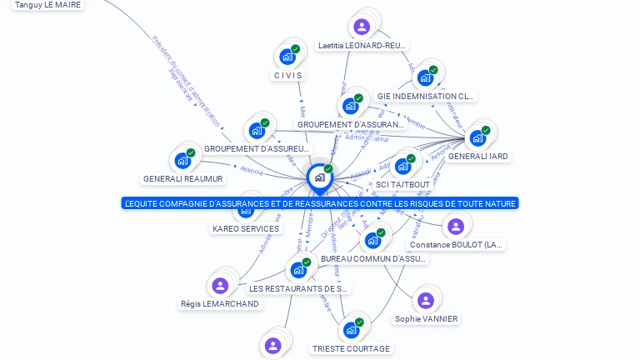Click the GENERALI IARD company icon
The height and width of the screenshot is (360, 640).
pos(478,137)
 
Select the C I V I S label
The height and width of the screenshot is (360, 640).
pos(287,75)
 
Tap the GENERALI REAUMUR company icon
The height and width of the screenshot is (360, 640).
pos(181,161)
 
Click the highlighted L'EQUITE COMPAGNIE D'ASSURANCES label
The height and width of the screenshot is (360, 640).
pos(320,203)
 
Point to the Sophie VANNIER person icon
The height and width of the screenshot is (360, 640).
pos(426,301)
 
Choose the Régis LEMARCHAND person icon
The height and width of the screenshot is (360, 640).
pos(220,286)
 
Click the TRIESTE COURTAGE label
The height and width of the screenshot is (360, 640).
pos(351,348)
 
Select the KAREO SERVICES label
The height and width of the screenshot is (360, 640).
pos(246,228)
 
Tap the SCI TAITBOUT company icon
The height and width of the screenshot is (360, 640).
pos(403,166)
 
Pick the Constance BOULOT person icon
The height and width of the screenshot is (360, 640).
pos(455,226)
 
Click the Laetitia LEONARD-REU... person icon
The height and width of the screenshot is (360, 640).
pos(362,27)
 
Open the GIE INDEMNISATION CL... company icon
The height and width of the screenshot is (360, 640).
pos(425,77)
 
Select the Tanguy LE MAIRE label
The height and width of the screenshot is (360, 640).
pos(48,4)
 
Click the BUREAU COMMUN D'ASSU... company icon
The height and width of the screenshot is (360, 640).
pos(372,240)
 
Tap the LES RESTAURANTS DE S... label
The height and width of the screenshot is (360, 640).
pos(298,288)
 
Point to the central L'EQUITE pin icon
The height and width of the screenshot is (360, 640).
pos(319,177)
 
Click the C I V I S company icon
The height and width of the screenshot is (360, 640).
pos(287,57)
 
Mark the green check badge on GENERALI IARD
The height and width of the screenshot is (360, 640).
pos(485,129)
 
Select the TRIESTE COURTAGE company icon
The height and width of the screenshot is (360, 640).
pos(351,330)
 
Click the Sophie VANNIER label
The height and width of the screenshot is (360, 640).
pos(427,319)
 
